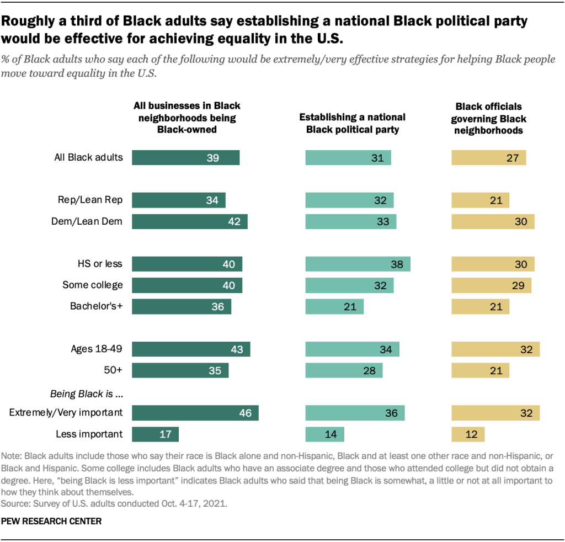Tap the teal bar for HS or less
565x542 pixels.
pos(358,264)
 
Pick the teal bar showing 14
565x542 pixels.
pos(325,434)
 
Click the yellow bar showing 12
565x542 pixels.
pos(468,434)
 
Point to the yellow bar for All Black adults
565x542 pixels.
pos(489,158)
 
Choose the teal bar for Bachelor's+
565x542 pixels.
pos(335,306)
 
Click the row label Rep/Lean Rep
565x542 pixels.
pos(90,200)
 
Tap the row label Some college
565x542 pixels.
pos(93,285)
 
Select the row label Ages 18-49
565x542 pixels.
pos(97,349)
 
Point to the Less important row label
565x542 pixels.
pos(89,434)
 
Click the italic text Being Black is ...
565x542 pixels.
pos(86,394)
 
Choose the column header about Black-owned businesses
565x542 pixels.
pos(187,118)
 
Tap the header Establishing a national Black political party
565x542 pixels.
pos(352,124)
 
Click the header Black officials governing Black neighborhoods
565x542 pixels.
pos(488,118)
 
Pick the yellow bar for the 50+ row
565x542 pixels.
pos(481,370)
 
